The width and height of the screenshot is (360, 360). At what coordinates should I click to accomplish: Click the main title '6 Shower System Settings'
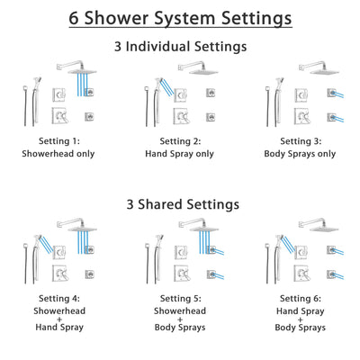tap(180, 18)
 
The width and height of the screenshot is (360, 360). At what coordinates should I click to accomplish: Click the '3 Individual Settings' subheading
tap(180, 46)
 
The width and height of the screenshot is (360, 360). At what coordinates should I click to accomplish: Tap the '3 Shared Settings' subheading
tap(180, 204)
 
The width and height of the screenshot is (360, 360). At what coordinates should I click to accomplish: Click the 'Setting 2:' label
tap(179, 142)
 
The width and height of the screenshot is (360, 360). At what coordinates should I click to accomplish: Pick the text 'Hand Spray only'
tap(179, 154)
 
